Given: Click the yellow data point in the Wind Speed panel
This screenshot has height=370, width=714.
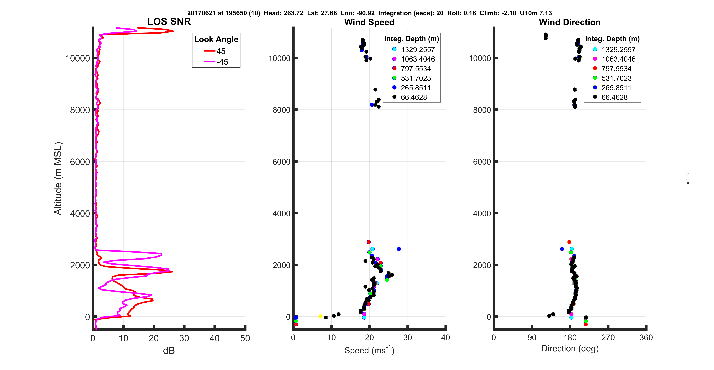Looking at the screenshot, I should click(320, 316).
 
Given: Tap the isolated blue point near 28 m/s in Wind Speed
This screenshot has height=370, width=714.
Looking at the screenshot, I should click(399, 249).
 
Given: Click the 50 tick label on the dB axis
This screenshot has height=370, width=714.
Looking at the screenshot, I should click(245, 338).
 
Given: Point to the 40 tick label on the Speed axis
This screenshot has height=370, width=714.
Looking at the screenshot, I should click(445, 338).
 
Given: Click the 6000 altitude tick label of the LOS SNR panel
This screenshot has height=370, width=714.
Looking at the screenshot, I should click(80, 162).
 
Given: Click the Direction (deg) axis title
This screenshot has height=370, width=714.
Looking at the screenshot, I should click(570, 349).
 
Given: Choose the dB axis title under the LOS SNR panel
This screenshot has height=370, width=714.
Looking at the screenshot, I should click(169, 351).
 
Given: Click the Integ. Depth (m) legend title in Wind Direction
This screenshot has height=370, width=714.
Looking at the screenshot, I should click(612, 39).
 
